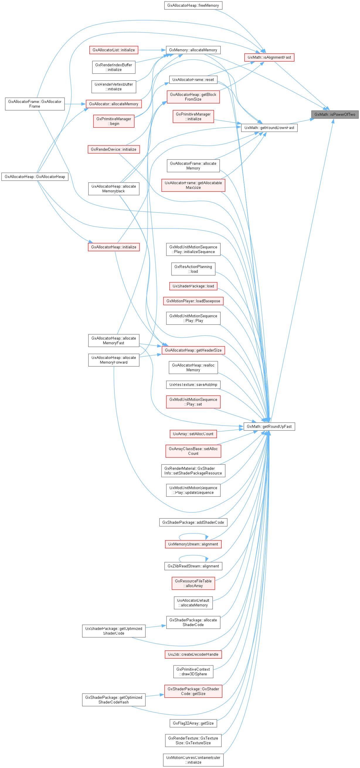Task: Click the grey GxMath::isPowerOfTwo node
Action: [335, 114]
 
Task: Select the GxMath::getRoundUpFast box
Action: [269, 426]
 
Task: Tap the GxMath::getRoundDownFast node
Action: [269, 128]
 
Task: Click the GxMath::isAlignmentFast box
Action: [269, 57]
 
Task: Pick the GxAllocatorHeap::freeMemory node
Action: [193, 5]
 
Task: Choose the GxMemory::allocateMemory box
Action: [193, 50]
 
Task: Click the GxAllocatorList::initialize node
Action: [113, 50]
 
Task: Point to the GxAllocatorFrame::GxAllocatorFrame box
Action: [35, 104]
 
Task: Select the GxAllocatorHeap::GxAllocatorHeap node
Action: [35, 177]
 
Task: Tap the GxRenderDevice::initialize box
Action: [113, 149]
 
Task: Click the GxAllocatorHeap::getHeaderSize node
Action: [193, 350]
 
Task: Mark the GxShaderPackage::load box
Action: [193, 286]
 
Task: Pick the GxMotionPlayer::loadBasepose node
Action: [193, 301]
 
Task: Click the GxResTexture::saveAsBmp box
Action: [193, 385]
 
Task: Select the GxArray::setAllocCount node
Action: [193, 434]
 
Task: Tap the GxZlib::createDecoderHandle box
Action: [193, 655]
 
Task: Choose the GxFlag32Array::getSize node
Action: [193, 723]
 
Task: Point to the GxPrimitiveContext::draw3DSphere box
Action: [193, 672]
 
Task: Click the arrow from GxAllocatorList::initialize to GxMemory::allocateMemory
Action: [152, 50]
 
